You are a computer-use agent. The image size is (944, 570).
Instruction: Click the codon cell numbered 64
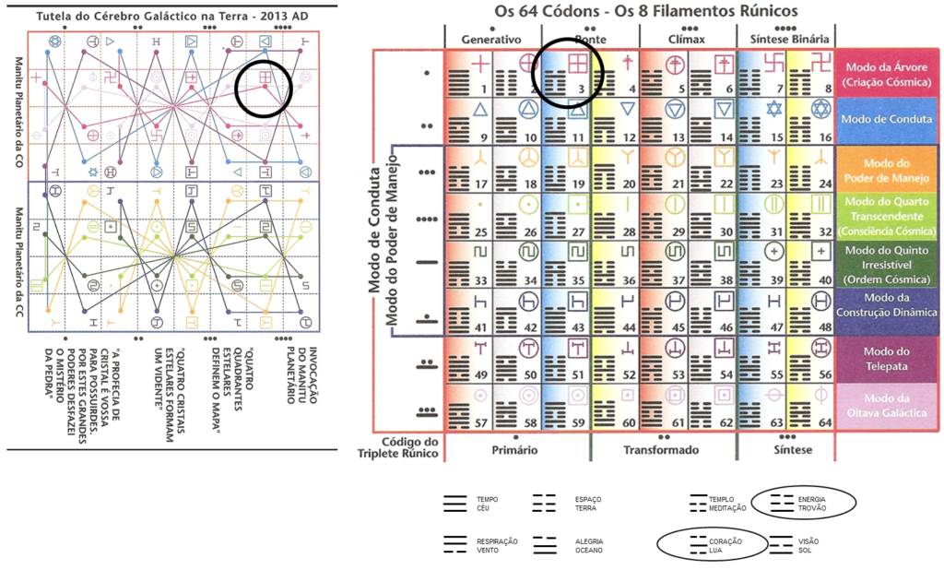click(810, 406)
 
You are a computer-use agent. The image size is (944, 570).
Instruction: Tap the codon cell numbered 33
click(468, 264)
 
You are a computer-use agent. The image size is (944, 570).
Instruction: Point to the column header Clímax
click(688, 40)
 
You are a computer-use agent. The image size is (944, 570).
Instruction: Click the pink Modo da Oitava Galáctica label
click(887, 406)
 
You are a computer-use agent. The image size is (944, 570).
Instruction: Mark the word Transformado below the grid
click(663, 450)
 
